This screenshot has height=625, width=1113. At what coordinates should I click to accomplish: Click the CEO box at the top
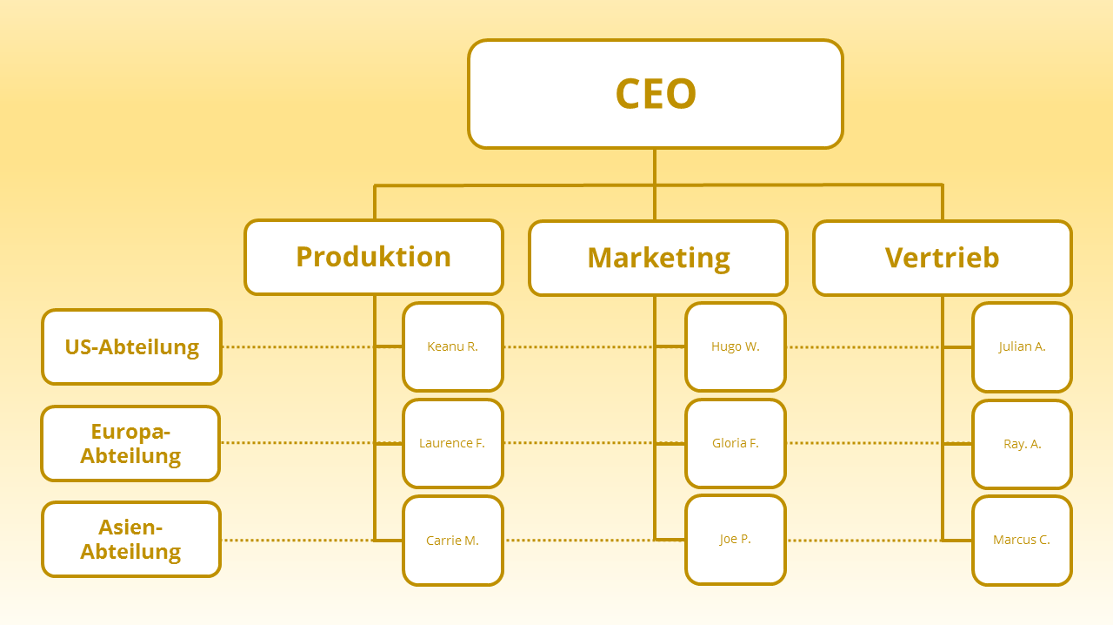click(x=656, y=94)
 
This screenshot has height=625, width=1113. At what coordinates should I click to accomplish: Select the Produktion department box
click(x=374, y=258)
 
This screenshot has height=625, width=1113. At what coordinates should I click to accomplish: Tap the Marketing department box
click(x=658, y=259)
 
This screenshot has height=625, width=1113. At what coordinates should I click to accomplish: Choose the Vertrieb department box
click(x=943, y=259)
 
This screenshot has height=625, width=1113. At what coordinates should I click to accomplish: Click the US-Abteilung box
click(x=131, y=346)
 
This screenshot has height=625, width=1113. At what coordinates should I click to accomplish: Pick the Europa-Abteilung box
click(x=130, y=443)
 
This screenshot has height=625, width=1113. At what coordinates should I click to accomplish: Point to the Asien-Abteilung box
click(x=131, y=540)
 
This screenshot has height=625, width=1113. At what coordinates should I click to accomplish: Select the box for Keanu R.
click(x=453, y=346)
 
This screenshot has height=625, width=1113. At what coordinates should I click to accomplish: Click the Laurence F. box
click(x=453, y=443)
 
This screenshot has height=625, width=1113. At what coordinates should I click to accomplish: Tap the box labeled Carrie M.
click(x=453, y=541)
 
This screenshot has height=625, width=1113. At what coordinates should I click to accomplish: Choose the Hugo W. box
click(x=736, y=346)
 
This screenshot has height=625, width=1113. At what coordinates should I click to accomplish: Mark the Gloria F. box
click(x=736, y=443)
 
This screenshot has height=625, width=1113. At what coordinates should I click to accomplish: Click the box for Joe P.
click(x=736, y=540)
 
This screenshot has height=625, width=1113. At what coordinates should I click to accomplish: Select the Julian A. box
click(x=1022, y=347)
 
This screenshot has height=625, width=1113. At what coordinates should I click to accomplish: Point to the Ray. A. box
click(x=1022, y=444)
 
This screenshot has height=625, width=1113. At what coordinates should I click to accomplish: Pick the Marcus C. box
click(x=1022, y=541)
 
